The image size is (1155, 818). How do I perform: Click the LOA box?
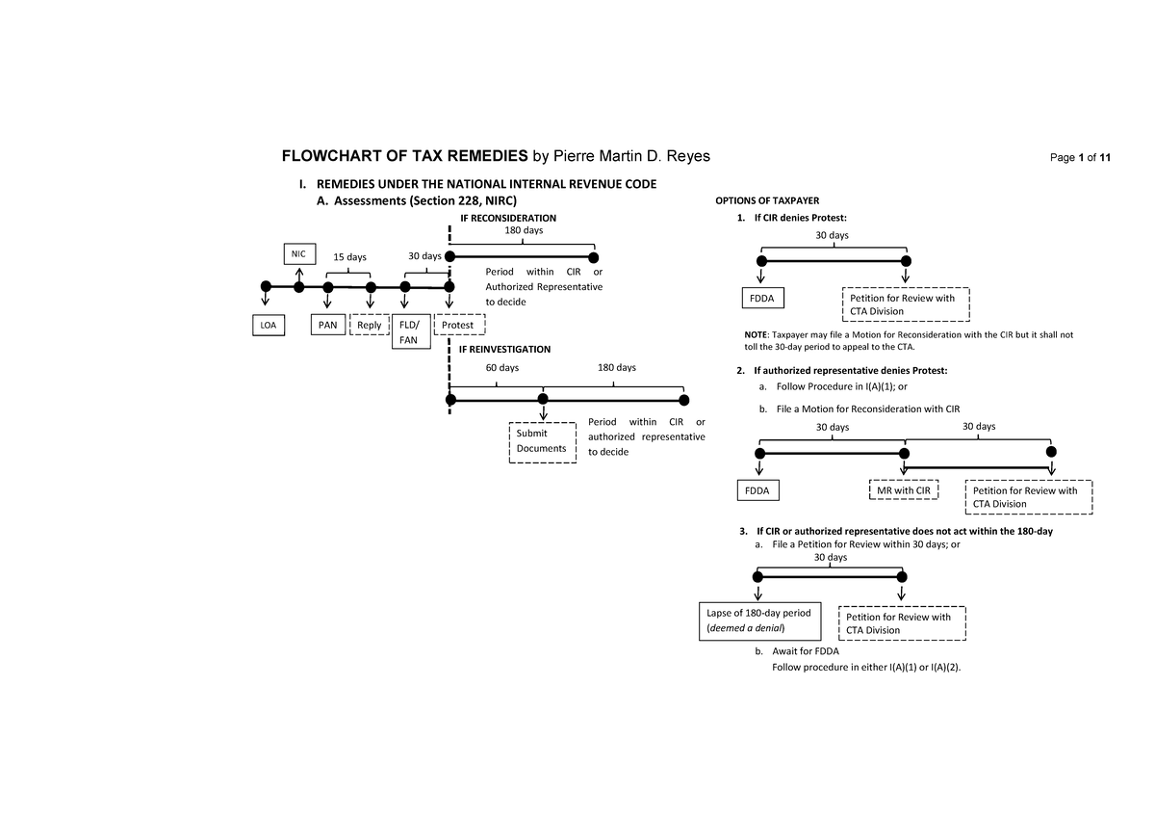(x=267, y=326)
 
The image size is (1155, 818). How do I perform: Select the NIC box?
(x=299, y=253)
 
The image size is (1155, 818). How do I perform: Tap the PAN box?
(x=328, y=325)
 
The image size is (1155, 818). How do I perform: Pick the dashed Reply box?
(x=369, y=326)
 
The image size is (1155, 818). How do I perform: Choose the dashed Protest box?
(x=460, y=326)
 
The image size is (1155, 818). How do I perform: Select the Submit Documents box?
(x=542, y=441)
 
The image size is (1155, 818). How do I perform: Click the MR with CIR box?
(x=903, y=491)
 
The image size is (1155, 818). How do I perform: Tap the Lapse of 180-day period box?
(x=759, y=620)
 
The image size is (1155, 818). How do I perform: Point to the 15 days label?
(x=350, y=257)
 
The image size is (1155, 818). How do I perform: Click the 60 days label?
(x=500, y=368)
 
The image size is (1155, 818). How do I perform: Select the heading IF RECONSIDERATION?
(x=508, y=219)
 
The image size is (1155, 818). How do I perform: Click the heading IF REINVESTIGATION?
(x=504, y=349)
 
